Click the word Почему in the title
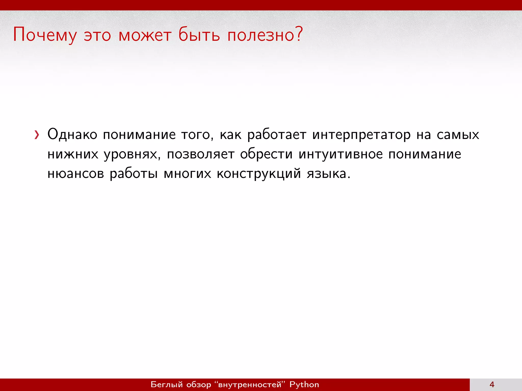(x=45, y=35)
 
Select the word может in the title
(x=145, y=35)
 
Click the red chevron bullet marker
(x=37, y=135)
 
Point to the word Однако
(x=72, y=134)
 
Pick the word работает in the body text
(x=277, y=135)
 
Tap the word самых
(x=458, y=135)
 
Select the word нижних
(x=73, y=154)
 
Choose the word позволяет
(x=200, y=154)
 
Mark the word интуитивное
(x=341, y=154)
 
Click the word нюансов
(x=76, y=174)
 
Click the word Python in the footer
(x=304, y=385)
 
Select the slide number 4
(x=492, y=385)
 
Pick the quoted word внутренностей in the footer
(x=250, y=384)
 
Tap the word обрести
(x=266, y=154)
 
